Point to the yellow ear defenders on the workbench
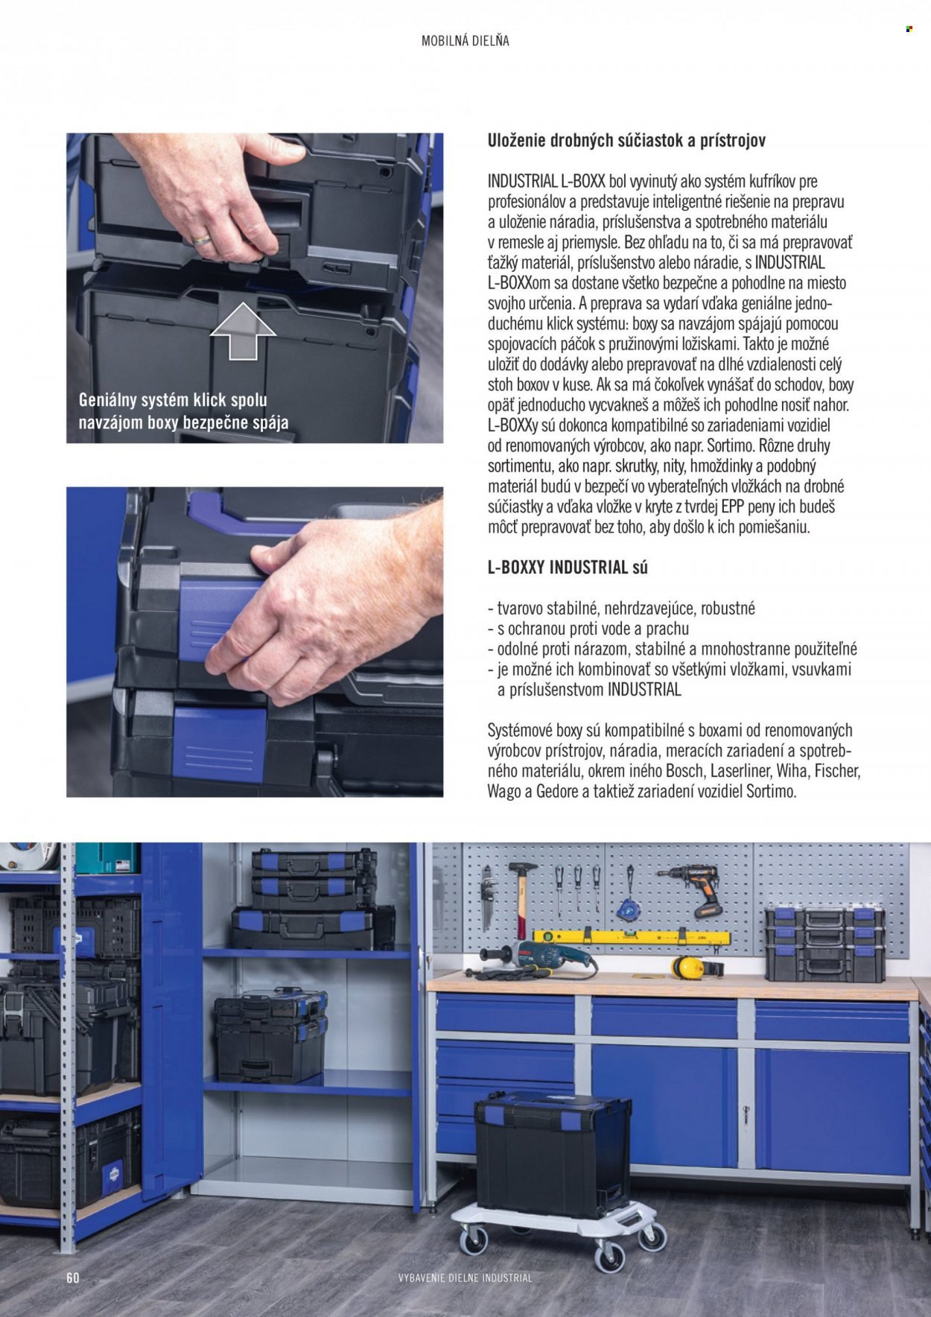coord(693,967)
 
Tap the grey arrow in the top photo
coord(243,332)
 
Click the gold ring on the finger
coord(202,239)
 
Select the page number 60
coord(72,1278)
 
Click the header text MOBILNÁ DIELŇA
coord(465,41)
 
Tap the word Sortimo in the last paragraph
coord(771,792)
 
